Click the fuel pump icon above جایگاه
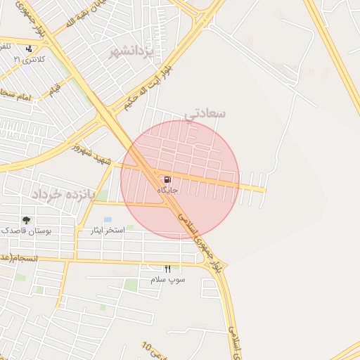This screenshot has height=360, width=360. [167, 180]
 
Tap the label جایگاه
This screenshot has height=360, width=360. [167, 191]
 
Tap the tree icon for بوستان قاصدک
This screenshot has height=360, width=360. [27, 220]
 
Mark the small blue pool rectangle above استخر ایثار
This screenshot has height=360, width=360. [108, 219]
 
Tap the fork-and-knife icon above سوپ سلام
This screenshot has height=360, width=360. [167, 269]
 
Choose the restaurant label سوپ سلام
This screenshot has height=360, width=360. [167, 279]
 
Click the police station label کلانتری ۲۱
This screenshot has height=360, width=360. [30, 60]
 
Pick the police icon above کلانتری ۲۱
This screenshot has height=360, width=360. [28, 49]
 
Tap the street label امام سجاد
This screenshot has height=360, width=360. [15, 94]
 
